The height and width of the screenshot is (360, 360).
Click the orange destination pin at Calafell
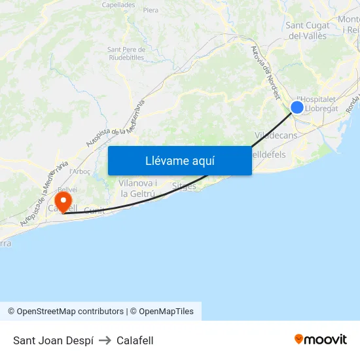coord(63,200)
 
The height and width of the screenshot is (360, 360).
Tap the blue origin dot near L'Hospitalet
coord(297,107)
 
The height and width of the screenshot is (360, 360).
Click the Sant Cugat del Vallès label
coord(306,31)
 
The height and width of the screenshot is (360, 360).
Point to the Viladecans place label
coord(276,135)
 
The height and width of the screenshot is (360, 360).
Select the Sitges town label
coord(183,186)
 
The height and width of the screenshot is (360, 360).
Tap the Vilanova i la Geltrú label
coord(137,188)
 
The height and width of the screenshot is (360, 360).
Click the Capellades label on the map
coord(118,5)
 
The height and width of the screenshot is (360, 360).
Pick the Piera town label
coord(151,10)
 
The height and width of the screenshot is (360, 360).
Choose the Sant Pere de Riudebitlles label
coord(126,53)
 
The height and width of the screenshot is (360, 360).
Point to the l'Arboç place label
coord(80,171)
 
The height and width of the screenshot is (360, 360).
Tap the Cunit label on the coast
coord(94,211)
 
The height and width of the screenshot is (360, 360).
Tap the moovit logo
coord(320,340)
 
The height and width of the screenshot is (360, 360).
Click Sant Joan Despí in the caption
coord(53,340)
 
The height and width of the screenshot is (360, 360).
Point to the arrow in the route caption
coord(105,340)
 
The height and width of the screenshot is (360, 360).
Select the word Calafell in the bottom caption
coord(135,340)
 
